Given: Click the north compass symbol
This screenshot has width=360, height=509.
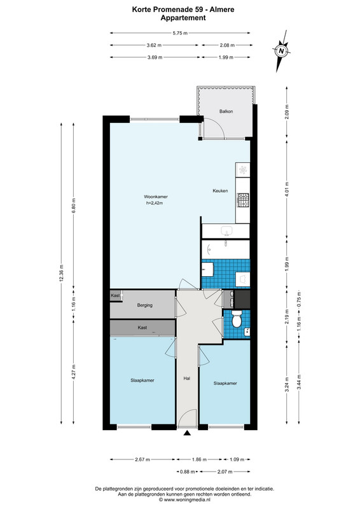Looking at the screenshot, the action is point(281,51).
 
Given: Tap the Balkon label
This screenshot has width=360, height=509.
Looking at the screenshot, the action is point(226,111).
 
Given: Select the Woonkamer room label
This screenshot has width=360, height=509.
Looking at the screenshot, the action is point(156,197).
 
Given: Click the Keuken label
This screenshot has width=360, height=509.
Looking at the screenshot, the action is point(220,190).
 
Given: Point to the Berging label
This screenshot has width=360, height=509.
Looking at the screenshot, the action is point(145,305).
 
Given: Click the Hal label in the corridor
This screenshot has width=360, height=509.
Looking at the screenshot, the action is point(186,378).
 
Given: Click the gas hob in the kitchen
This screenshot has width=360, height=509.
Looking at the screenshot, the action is point(243,200).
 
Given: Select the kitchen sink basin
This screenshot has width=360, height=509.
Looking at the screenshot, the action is point(226,231).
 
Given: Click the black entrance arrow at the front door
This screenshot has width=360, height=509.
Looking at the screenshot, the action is point(187,433).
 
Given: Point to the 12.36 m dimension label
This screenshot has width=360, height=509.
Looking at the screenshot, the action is point(61,274).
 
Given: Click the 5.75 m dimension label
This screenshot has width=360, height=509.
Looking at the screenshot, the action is point(180,33).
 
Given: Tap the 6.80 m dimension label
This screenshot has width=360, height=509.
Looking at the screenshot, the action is point(73,206).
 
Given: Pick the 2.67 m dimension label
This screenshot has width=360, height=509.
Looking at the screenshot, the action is point(142,459).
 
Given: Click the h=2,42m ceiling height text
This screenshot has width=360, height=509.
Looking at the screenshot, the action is point(154,203).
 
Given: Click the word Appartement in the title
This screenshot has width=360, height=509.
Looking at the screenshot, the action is point(183,18).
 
